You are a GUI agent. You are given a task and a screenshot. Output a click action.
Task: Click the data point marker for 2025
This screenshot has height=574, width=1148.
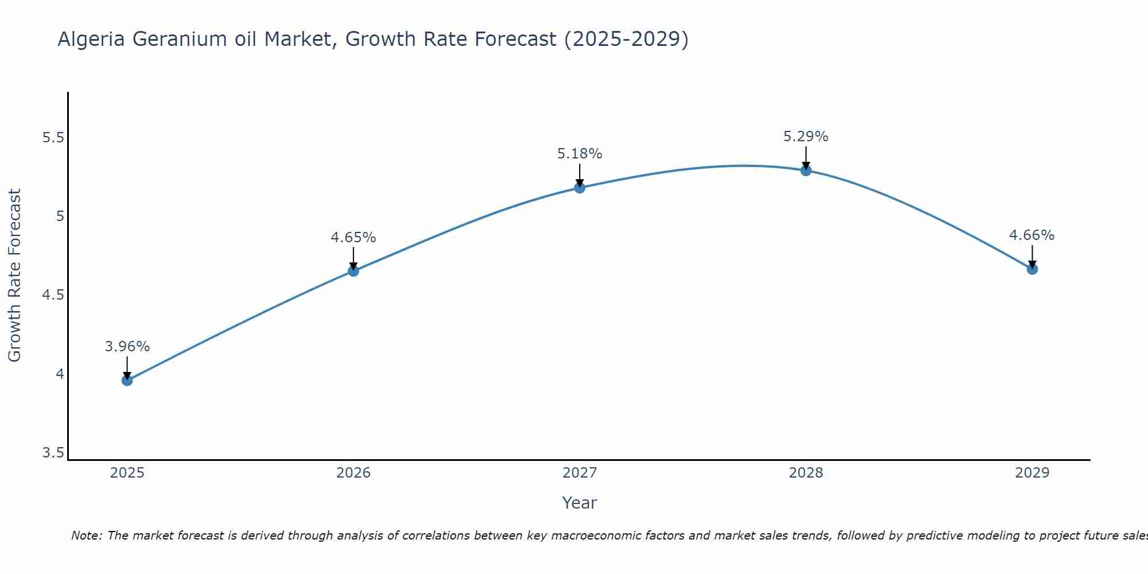coord(127,380)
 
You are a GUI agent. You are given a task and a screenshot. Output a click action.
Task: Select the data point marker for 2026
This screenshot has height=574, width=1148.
coord(354,271)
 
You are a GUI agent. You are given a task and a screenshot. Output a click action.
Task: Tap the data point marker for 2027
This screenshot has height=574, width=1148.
coord(580,188)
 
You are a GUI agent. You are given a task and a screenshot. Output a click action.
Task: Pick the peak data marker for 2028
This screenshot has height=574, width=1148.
coord(806,170)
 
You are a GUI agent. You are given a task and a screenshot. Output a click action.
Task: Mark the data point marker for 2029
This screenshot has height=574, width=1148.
coord(1032,269)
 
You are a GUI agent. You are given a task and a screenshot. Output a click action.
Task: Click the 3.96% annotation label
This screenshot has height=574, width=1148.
coord(127,347)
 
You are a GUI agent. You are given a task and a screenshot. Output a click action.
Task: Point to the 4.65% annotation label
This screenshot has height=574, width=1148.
coord(354,238)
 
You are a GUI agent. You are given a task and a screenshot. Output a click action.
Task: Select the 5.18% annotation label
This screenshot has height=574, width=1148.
coord(580,154)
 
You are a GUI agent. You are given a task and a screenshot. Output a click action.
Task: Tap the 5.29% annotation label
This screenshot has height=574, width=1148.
coord(806,137)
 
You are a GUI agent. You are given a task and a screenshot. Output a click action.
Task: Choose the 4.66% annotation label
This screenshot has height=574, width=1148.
coord(1032,235)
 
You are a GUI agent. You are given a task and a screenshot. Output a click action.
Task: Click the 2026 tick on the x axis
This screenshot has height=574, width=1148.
coord(354,473)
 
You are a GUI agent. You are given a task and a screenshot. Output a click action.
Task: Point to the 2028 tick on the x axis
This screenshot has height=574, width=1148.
coord(806,473)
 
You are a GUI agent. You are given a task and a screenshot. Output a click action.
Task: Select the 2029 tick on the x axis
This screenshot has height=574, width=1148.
coord(1032,473)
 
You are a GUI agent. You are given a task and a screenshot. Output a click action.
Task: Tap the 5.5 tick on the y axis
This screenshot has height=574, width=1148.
coord(53,138)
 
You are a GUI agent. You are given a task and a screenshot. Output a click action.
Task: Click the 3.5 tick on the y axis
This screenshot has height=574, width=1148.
coord(53,453)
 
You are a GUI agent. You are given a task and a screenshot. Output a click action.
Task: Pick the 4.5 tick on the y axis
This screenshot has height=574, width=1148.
coord(53,295)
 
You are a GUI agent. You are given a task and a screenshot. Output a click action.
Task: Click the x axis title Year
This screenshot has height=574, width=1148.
coord(580,503)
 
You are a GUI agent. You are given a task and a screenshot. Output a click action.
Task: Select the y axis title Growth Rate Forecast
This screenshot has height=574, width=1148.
coord(14,276)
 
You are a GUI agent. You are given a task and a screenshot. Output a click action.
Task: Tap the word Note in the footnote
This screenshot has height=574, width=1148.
coord(86,536)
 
